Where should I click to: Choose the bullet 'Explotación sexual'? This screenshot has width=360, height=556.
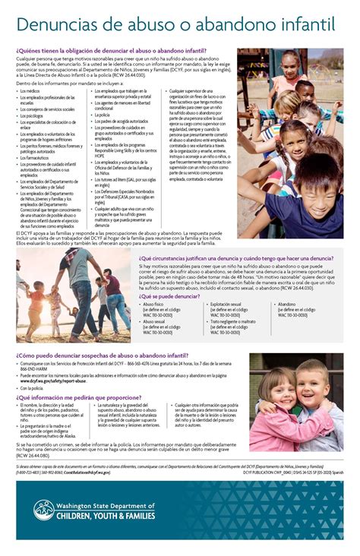click(x=229, y=304)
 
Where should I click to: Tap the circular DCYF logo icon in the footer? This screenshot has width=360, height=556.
click(x=43, y=510)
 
